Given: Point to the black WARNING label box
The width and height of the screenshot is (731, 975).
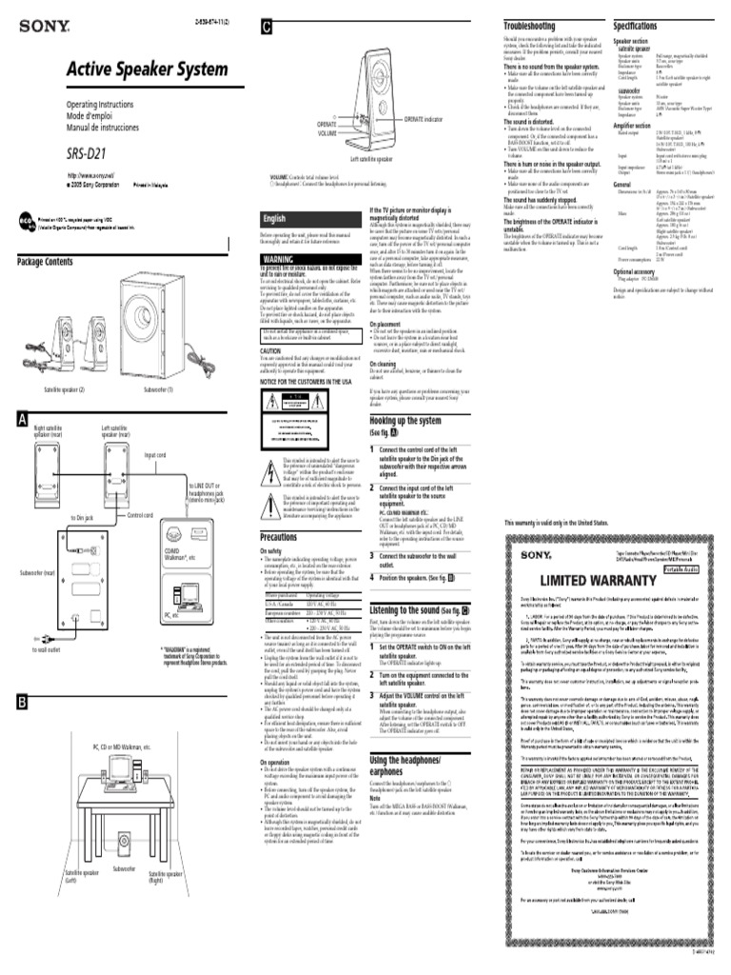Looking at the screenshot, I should [278, 259].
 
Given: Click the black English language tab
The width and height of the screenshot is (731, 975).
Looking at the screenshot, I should [276, 218].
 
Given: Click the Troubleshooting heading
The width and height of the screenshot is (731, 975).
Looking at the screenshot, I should [529, 26].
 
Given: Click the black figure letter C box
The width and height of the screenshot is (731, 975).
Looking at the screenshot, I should [267, 29].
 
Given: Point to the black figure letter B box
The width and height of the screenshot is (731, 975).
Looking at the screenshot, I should [22, 703].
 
